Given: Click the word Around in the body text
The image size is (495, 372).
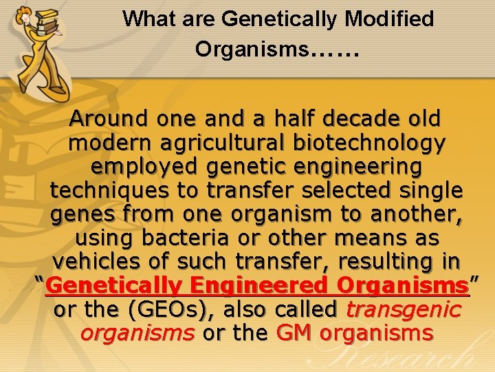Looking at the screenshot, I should tap(110, 118).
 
